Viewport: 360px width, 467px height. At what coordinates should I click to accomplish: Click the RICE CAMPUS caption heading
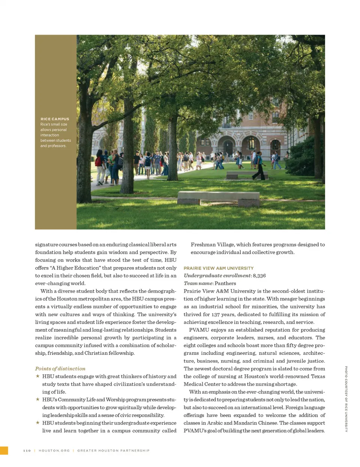pyautogui.click(x=55, y=119)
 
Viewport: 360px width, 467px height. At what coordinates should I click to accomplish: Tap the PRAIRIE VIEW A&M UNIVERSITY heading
pyautogui.click(x=218, y=268)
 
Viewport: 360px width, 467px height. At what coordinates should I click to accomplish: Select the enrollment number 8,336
pyautogui.click(x=259, y=276)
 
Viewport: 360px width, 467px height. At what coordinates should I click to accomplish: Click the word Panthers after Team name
pyautogui.click(x=225, y=284)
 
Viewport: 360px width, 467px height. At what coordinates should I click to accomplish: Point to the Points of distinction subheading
pyautogui.click(x=60, y=369)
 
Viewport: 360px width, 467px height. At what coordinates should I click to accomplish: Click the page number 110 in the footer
pyautogui.click(x=27, y=450)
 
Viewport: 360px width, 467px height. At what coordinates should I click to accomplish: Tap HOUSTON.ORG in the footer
pyautogui.click(x=54, y=450)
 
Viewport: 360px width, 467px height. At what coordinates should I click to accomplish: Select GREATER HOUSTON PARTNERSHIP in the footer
pyautogui.click(x=113, y=450)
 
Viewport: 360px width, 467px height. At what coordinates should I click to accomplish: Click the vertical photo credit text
pyautogui.click(x=346, y=399)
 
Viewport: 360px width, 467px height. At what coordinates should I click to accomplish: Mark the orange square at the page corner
pyautogui.click(x=4, y=450)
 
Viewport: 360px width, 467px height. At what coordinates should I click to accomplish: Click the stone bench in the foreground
pyautogui.click(x=218, y=197)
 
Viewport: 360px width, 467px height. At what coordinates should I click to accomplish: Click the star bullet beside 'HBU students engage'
pyautogui.click(x=37, y=376)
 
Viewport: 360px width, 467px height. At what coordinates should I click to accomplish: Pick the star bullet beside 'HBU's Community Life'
pyautogui.click(x=37, y=399)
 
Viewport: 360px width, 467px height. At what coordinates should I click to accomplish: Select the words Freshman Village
pyautogui.click(x=212, y=245)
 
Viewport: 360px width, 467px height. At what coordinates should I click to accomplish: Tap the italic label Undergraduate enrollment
pyautogui.click(x=217, y=276)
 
